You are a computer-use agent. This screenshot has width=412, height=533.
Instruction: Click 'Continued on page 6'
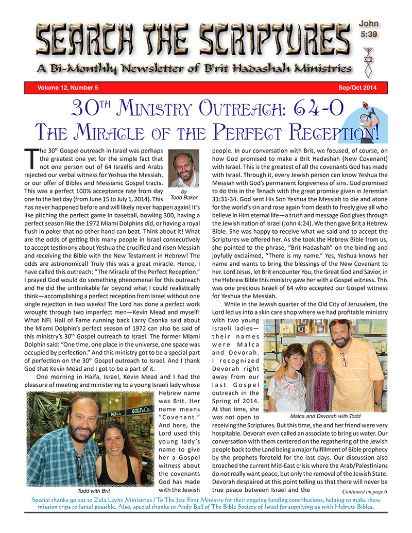pyautogui.click(x=364, y=491)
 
